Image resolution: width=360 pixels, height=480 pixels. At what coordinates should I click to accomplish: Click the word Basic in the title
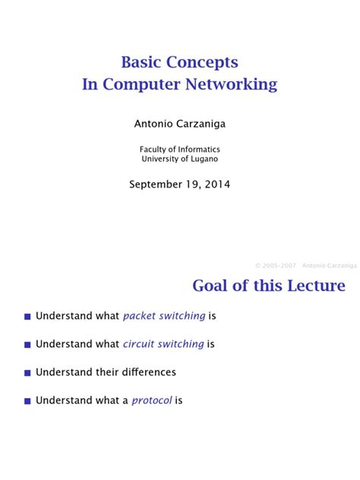pos(144,62)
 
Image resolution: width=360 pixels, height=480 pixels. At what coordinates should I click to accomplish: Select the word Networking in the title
pos(235,84)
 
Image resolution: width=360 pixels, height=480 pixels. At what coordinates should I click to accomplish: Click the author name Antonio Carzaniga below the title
pos(179,122)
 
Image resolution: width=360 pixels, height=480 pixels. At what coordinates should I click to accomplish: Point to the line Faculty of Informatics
pos(179,150)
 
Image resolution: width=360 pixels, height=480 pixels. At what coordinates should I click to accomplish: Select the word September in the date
pos(156,184)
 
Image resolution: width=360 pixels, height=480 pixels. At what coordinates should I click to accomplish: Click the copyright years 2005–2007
pos(276,266)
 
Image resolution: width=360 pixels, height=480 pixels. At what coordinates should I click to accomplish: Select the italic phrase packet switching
pos(164,316)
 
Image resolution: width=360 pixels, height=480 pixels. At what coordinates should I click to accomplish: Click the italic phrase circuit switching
pos(163,344)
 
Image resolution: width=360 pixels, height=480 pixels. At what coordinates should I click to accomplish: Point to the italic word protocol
pos(152,400)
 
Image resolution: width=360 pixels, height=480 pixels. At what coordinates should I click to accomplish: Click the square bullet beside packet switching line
pos(27,317)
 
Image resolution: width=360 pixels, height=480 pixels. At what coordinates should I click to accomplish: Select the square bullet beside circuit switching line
pos(27,345)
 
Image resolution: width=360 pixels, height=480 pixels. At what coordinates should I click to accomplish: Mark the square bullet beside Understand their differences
pos(27,373)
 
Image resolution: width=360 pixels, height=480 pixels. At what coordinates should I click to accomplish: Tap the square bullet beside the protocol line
pos(27,401)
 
